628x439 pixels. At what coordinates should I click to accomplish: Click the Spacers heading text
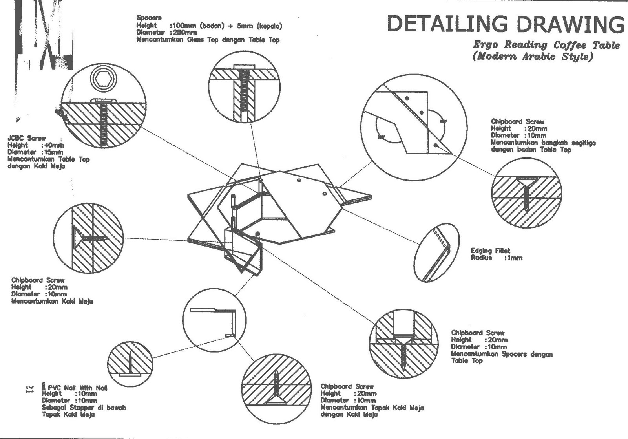(149, 18)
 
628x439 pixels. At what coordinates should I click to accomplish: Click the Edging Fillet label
(490, 251)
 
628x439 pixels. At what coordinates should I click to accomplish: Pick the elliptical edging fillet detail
(436, 252)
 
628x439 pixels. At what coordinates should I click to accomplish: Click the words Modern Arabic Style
(533, 57)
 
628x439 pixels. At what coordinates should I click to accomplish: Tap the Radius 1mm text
(497, 258)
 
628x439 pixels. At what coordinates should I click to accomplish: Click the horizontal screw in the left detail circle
(92, 238)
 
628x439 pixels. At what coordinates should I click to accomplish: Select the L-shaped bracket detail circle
(214, 320)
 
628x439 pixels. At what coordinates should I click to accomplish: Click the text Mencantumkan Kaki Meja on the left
(52, 301)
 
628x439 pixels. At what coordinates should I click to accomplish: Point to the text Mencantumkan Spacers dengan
(502, 354)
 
